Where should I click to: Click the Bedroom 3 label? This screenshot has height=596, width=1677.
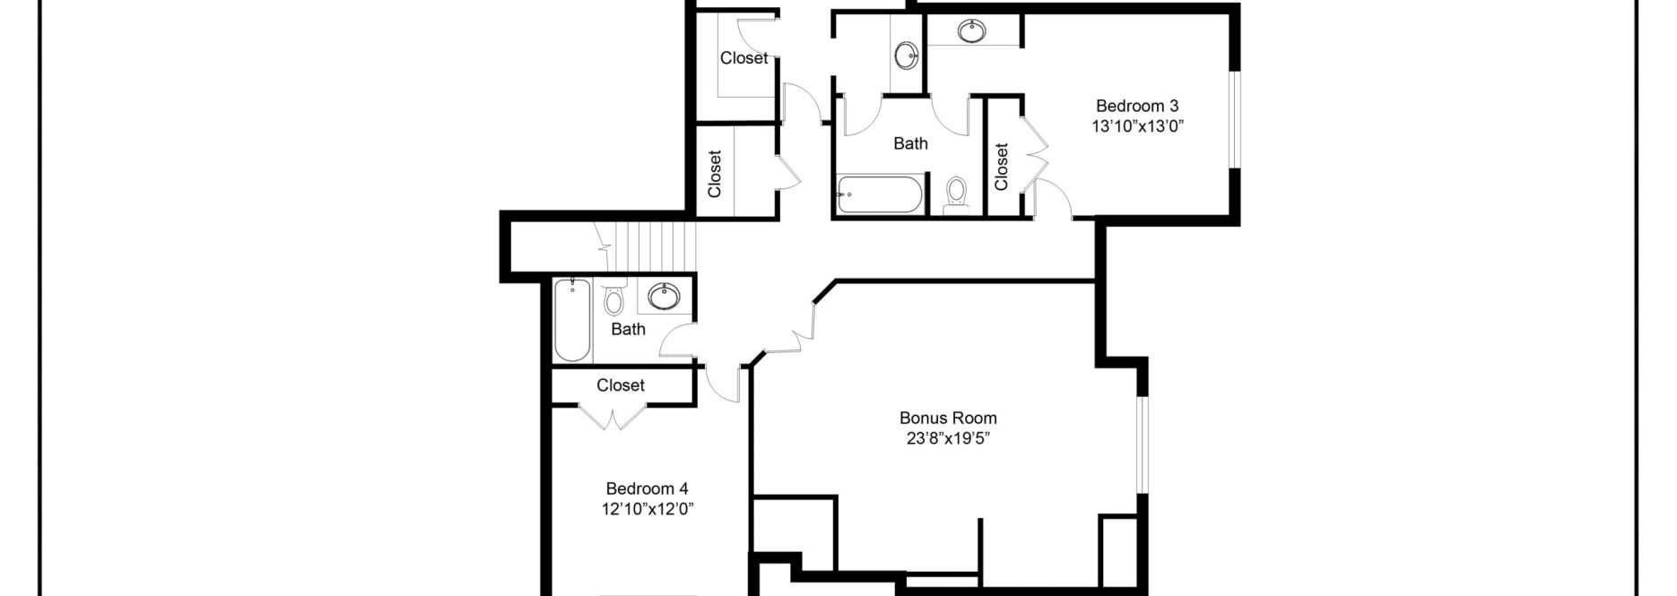pos(1136,106)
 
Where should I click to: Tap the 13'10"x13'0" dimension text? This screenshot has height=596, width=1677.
pos(1137,126)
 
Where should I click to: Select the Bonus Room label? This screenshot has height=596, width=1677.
pos(947,418)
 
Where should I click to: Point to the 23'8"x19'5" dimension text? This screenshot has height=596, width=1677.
pos(947,439)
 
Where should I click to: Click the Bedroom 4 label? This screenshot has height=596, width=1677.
pos(647,488)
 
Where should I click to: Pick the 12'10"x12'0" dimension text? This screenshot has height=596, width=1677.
pos(648,510)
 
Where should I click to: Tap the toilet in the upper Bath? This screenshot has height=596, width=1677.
pos(956,192)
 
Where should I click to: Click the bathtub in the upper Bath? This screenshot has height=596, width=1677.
pos(879,194)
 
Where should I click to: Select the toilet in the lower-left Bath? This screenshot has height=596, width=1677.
pos(614,299)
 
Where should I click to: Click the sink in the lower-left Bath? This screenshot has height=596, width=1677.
pos(665,295)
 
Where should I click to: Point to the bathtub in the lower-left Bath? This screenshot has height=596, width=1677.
pos(571,320)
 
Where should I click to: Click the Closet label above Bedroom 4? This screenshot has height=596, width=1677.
pos(621,385)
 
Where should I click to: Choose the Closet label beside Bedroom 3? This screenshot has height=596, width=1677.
pos(1002,167)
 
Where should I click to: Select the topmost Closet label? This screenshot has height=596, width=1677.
pos(743,58)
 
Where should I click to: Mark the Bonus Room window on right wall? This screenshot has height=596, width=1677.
pos(1142,444)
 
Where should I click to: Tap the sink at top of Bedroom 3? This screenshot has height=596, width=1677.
pos(969,31)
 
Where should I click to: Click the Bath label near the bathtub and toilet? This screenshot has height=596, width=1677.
pos(910,143)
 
